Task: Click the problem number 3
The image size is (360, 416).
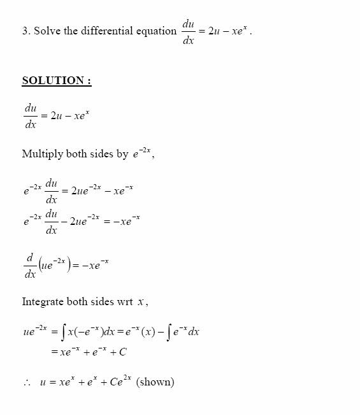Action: pos(25,31)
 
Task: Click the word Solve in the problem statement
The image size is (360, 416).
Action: pos(48,31)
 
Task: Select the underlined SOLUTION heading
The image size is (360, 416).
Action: pos(57,80)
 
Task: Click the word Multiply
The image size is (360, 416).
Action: pos(42,154)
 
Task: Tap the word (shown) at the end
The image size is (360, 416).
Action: pos(155,382)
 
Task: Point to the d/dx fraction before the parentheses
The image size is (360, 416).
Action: pos(30,266)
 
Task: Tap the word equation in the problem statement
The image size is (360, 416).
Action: pos(155,31)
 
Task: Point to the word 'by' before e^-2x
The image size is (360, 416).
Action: pos(122,155)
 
